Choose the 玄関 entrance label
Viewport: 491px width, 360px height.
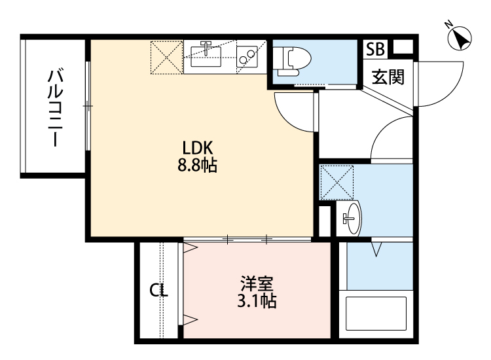click(x=388, y=77)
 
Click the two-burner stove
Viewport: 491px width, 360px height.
click(x=248, y=56)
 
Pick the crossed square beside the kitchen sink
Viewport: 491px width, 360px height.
click(x=167, y=56)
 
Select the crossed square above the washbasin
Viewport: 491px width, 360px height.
click(x=336, y=182)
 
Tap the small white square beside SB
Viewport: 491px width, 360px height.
click(x=403, y=47)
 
